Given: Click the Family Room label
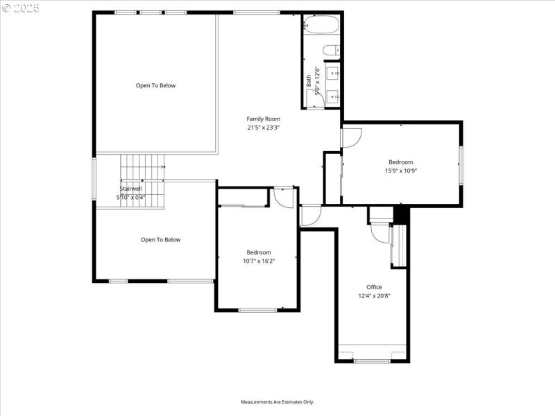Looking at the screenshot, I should coord(263,119).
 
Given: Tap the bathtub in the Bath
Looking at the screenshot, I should coord(321,26).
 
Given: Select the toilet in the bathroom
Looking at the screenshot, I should coord(331,49).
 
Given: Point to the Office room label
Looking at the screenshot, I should coord(374,287).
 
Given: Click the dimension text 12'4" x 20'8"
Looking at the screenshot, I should coord(374,296).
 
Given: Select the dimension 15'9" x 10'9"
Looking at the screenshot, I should coord(400,171).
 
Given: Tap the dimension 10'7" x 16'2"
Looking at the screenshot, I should coord(257,261).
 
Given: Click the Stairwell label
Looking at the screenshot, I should coord(130,189).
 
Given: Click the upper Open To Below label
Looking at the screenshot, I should coord(155,86).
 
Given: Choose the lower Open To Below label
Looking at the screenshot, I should coord(160,240).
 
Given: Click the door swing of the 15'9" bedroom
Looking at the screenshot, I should coord(350,138).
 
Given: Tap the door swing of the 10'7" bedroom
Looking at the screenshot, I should coord(284,198).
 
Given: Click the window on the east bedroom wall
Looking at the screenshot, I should coord(461,165).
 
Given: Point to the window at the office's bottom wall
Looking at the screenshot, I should coord(373,361).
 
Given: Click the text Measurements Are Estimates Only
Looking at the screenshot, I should coord(277,402).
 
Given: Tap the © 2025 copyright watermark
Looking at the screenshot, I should coord(22,8).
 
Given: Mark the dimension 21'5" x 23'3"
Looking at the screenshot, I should coord(263,128).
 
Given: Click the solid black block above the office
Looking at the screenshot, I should coord(400,215).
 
